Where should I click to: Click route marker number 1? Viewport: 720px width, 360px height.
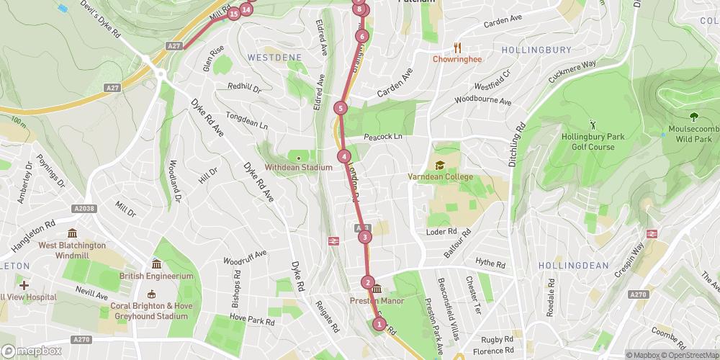point(379,324)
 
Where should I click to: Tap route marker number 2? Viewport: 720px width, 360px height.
point(368,283)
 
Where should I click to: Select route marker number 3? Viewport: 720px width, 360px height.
point(365,237)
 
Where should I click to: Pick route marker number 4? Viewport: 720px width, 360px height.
point(344,156)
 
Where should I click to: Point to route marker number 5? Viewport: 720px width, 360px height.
point(341,109)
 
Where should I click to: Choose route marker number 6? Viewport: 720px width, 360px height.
point(361,36)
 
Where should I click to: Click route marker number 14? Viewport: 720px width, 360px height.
point(246,9)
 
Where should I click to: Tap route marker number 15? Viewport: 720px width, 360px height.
point(233,14)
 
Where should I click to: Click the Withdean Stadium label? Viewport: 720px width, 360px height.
point(299,168)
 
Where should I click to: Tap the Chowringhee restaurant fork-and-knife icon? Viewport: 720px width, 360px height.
point(457,48)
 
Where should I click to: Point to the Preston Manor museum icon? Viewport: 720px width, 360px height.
point(376,290)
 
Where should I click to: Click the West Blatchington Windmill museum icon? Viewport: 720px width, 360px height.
point(72,234)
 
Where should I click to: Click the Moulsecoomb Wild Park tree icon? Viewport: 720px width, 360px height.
point(693,116)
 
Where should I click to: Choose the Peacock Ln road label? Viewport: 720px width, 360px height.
point(382,136)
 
